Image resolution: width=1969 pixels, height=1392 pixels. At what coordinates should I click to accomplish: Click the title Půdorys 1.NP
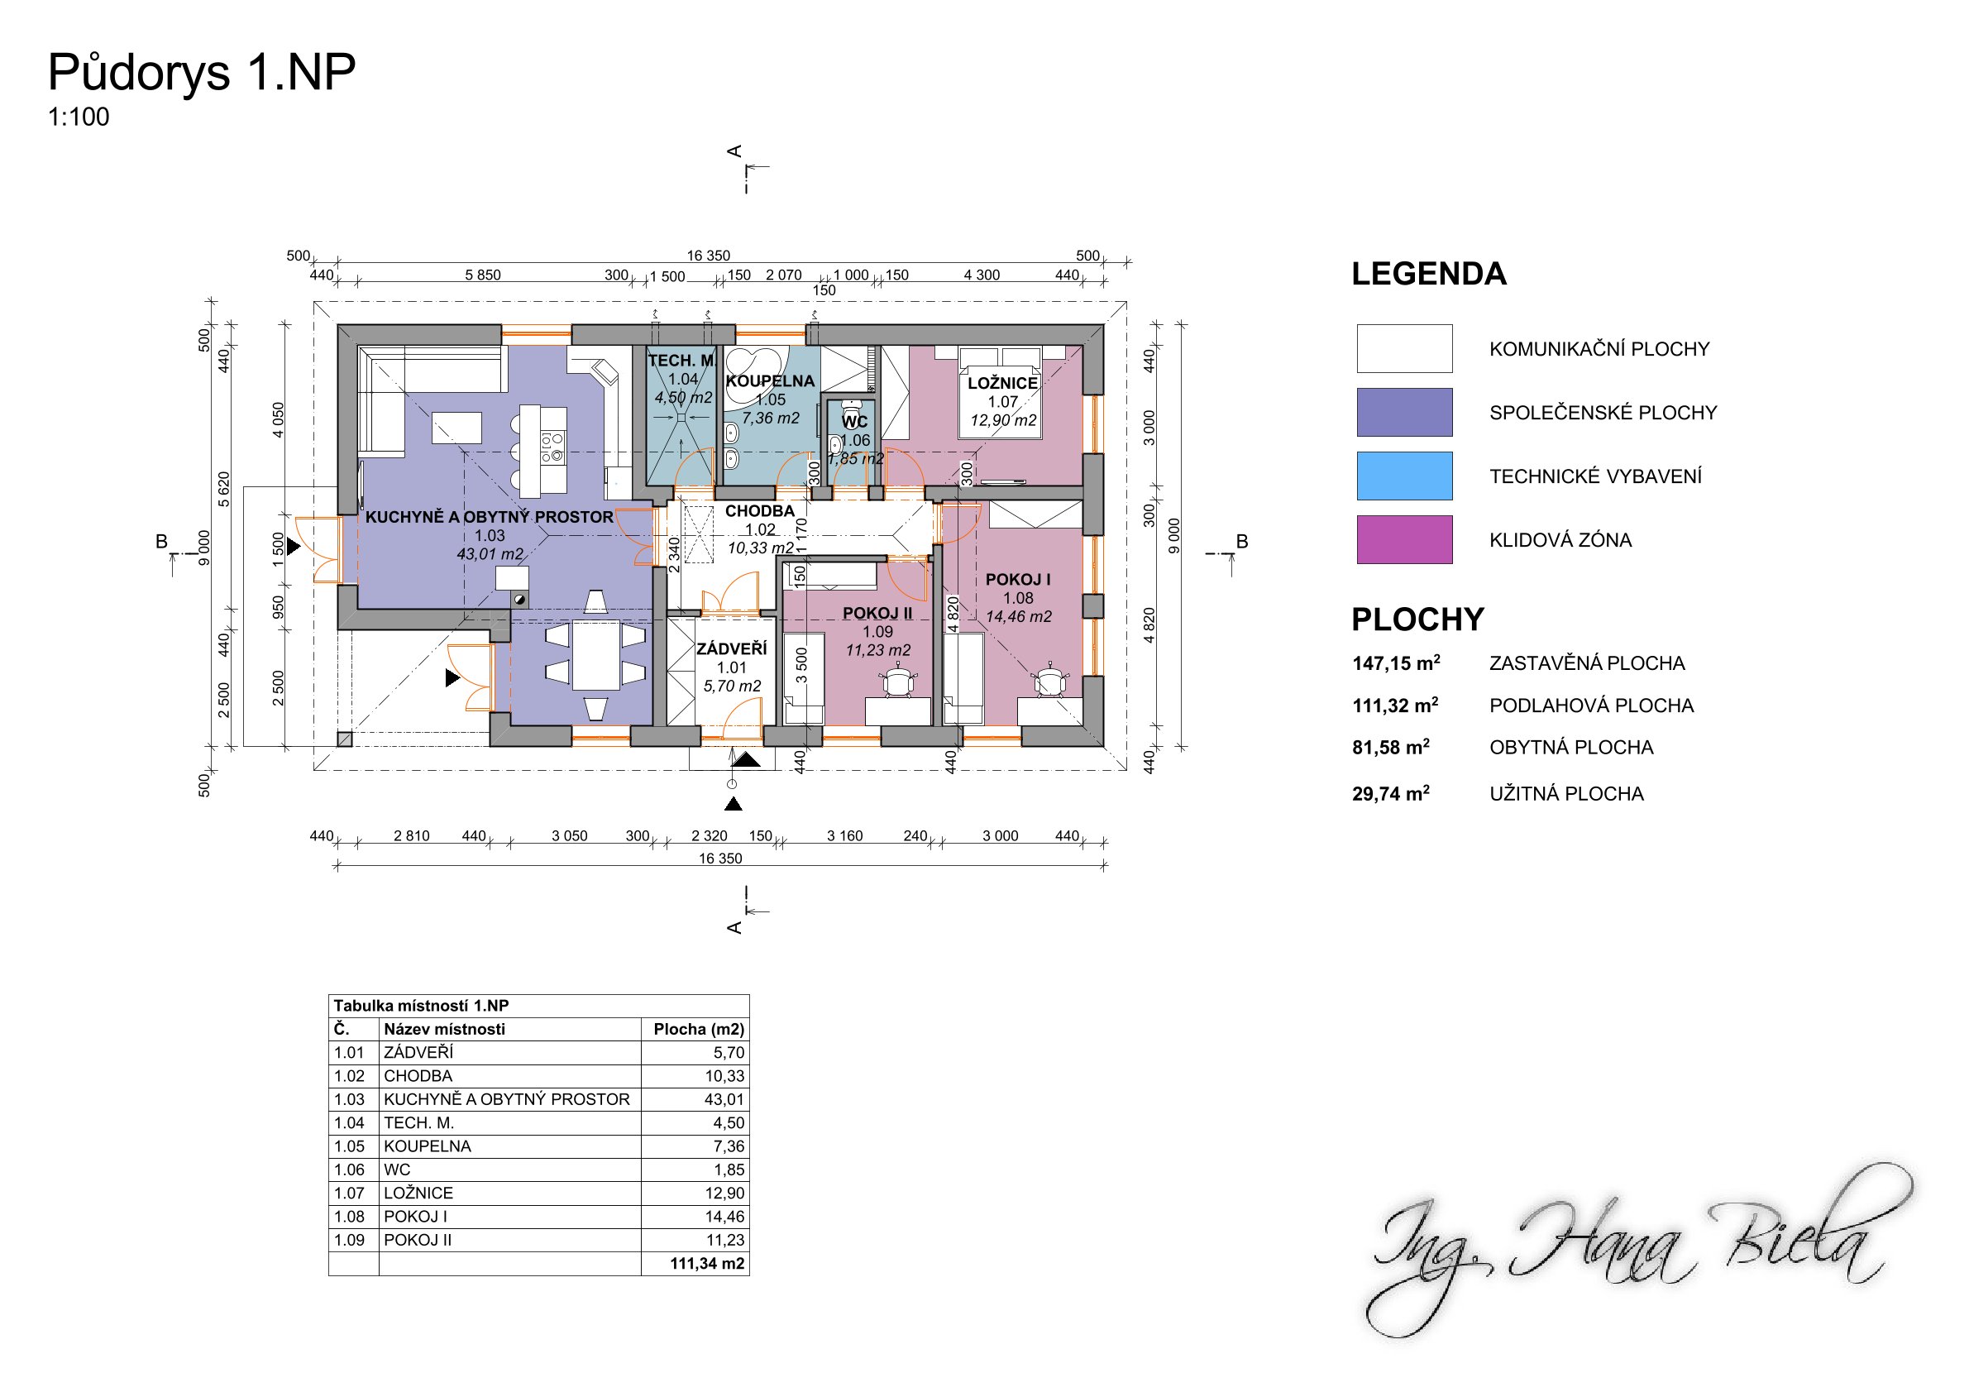click(x=202, y=72)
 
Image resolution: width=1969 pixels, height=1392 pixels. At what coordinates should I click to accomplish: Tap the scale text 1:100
click(x=79, y=117)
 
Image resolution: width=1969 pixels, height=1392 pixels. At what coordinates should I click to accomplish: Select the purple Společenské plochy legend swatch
click(x=1404, y=412)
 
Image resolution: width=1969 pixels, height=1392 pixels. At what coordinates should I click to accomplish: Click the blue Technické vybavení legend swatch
click(x=1404, y=476)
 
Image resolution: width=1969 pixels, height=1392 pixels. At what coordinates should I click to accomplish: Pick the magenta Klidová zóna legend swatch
click(x=1404, y=539)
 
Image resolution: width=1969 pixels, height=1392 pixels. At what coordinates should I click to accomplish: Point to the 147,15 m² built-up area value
click(x=1396, y=663)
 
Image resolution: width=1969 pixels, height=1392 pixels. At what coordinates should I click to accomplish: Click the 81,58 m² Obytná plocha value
click(x=1391, y=747)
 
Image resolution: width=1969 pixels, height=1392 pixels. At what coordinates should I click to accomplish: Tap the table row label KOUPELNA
click(x=427, y=1146)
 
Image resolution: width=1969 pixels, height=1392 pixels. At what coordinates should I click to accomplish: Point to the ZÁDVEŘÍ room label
click(x=732, y=649)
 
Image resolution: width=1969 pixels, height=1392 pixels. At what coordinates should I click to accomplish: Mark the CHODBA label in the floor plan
click(x=760, y=511)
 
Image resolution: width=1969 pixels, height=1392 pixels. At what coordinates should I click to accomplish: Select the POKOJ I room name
click(x=1018, y=580)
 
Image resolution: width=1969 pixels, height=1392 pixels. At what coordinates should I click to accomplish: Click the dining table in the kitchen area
click(x=596, y=655)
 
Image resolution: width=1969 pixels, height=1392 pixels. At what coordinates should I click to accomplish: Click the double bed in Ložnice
click(x=1001, y=392)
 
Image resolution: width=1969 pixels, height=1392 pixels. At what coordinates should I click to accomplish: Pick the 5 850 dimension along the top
click(x=483, y=275)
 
